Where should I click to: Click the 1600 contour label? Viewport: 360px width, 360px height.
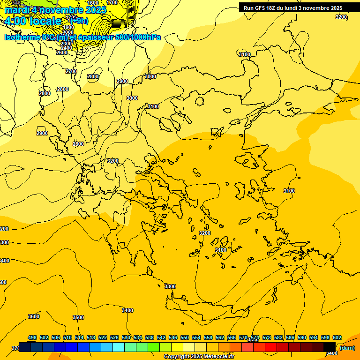(93, 3)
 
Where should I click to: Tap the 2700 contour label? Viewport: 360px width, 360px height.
(71, 71)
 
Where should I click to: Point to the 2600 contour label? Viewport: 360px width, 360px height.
(62, 52)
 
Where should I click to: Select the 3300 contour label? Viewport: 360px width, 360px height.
(170, 286)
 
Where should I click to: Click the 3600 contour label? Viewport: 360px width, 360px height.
(34, 316)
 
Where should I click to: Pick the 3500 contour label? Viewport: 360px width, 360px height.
(78, 317)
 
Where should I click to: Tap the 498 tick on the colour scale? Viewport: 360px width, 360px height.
(32, 337)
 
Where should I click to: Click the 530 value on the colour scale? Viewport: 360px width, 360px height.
(126, 337)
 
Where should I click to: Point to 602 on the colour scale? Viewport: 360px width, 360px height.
(337, 337)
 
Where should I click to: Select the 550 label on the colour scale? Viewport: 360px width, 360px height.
(185, 337)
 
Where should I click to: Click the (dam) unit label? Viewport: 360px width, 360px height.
(347, 348)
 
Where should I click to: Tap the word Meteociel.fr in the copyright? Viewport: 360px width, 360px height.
(217, 357)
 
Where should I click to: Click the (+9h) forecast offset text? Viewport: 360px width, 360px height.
(78, 21)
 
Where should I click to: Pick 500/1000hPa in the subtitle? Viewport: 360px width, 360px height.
(138, 37)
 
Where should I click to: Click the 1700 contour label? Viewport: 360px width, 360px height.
(112, 2)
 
